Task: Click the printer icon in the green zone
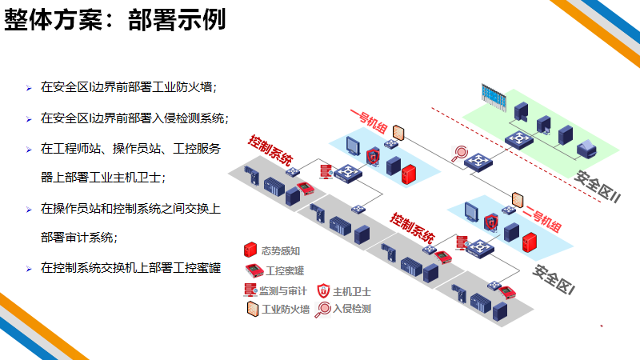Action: (x=586, y=146)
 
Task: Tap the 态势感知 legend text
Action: (x=278, y=249)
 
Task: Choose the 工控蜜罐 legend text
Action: (x=286, y=270)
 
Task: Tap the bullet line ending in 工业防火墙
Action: (x=129, y=86)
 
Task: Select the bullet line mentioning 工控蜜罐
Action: (x=130, y=267)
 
